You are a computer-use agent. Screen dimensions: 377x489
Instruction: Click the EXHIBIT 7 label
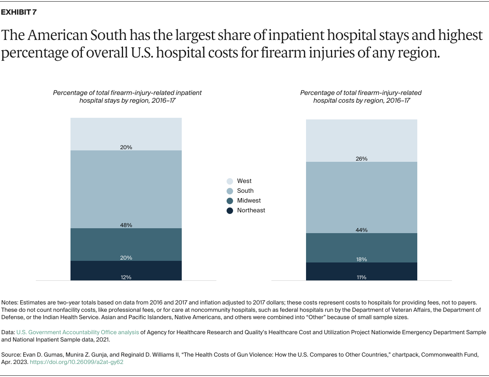click(19, 12)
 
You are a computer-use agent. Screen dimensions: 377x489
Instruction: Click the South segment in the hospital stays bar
click(126, 187)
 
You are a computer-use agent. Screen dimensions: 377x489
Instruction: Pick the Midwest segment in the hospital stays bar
click(126, 244)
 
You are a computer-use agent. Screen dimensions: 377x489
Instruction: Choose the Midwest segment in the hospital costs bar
click(361, 247)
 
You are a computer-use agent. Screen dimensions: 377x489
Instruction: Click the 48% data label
click(126, 225)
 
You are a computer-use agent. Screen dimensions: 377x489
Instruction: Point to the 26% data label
click(361, 159)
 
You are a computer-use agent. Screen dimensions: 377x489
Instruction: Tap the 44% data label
click(361, 230)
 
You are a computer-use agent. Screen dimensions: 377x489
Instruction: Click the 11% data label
click(361, 277)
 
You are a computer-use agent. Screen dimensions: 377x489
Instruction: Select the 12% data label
click(126, 277)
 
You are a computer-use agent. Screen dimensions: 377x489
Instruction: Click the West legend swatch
click(230, 181)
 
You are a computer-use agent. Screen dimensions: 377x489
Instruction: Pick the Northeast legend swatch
click(230, 210)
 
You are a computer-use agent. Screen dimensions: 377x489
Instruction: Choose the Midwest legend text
click(249, 201)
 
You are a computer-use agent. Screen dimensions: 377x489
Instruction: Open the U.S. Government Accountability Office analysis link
click(77, 332)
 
